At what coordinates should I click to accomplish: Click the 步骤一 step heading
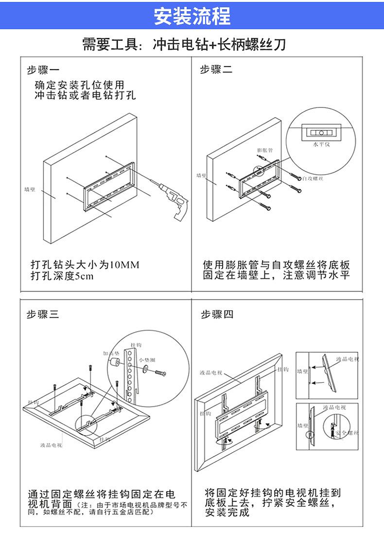point(43,70)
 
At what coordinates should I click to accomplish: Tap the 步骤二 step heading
point(216,70)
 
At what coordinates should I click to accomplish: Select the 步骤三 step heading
point(43,315)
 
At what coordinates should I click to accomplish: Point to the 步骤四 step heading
point(217,315)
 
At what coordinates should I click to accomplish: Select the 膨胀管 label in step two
point(264,150)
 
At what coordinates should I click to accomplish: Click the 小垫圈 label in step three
point(147,360)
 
